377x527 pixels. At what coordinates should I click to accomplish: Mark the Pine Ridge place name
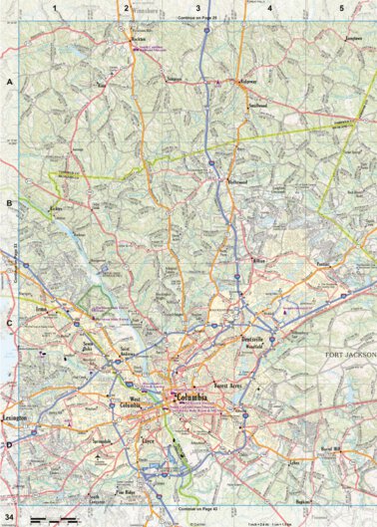click(x=124, y=492)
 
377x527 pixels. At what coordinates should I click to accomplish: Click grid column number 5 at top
click(x=342, y=8)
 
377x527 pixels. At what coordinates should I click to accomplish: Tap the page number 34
click(x=8, y=518)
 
